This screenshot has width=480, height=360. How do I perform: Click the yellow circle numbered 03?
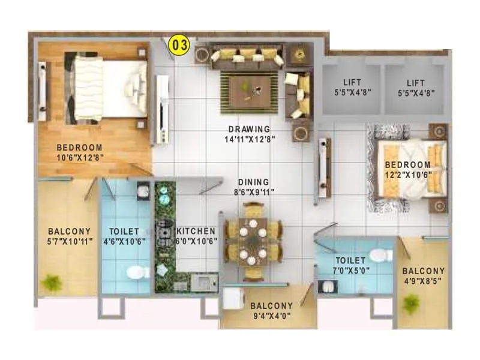tap(180, 45)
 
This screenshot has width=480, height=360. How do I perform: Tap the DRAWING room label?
tap(249, 128)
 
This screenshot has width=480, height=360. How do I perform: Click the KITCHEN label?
tap(196, 230)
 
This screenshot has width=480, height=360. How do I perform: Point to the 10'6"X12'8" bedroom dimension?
tap(79, 159)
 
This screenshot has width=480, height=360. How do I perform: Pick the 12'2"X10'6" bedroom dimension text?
tap(407, 175)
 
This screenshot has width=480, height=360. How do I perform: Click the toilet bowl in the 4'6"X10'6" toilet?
tap(138, 273)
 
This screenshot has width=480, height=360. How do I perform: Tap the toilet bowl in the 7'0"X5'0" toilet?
tap(377, 256)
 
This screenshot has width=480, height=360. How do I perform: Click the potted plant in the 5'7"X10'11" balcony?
tap(52, 281)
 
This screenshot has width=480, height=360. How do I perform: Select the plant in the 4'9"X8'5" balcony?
tap(412, 304)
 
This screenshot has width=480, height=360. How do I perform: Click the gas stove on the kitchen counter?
tap(164, 231)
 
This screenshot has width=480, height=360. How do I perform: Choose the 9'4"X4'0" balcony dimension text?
tap(272, 317)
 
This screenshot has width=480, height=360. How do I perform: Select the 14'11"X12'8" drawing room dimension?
tap(249, 139)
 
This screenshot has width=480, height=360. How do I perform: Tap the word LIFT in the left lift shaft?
tap(352, 82)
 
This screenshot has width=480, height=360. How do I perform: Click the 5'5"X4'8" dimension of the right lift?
tap(416, 93)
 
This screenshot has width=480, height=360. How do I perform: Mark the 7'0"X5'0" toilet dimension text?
tap(351, 271)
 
